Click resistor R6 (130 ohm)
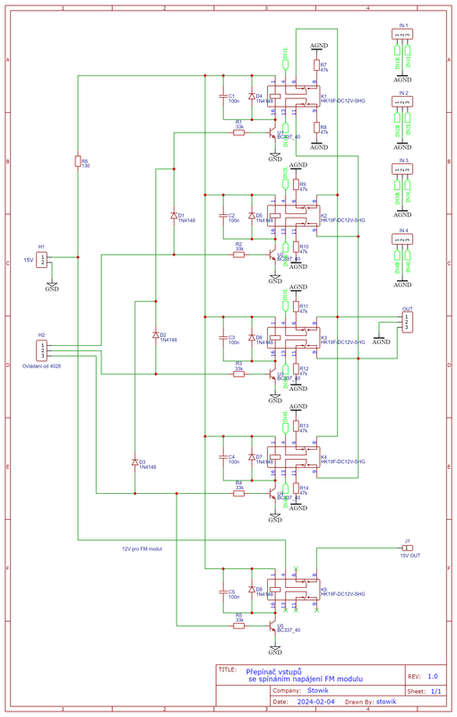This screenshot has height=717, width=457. (77, 162)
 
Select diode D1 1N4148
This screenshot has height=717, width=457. (174, 216)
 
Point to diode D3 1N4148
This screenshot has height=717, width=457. (134, 462)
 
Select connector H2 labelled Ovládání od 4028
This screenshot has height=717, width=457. (41, 350)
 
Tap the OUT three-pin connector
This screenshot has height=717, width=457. (408, 322)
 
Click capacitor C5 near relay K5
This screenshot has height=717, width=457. (221, 592)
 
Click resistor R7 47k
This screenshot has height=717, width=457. (315, 65)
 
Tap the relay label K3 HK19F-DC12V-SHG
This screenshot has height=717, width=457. (342, 341)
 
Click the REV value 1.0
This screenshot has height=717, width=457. (433, 677)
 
